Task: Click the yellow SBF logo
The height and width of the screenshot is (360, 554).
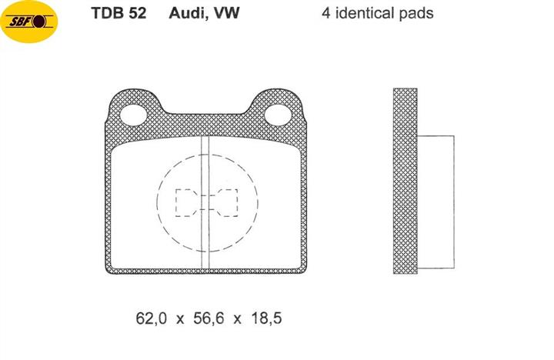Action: pos(29,22)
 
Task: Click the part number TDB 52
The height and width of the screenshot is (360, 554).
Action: pos(118,13)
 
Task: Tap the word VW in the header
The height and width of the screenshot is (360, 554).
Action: pos(227,13)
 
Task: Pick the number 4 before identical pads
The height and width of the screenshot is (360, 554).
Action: pos(325,13)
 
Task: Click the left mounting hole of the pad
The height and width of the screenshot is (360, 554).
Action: pos(133,115)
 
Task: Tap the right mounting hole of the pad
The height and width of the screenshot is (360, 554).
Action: pos(278,115)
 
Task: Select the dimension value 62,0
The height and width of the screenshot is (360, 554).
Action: pos(151,318)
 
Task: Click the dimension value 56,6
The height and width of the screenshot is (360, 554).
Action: pos(209,318)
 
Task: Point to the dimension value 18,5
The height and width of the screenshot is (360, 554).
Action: pos(266,318)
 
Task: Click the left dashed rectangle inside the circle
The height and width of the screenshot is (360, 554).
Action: pos(186,202)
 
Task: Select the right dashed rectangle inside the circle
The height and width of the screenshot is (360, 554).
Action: pos(227,202)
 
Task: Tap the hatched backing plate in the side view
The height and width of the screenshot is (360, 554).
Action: pos(405,181)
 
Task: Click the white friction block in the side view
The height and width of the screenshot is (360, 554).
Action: pos(436,202)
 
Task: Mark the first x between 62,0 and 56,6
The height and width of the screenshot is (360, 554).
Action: pos(180,320)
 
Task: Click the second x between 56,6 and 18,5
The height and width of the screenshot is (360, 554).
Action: pos(238,320)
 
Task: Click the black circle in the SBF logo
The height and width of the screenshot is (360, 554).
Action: pos(40,22)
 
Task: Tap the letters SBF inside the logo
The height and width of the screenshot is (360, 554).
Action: pos(21,22)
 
